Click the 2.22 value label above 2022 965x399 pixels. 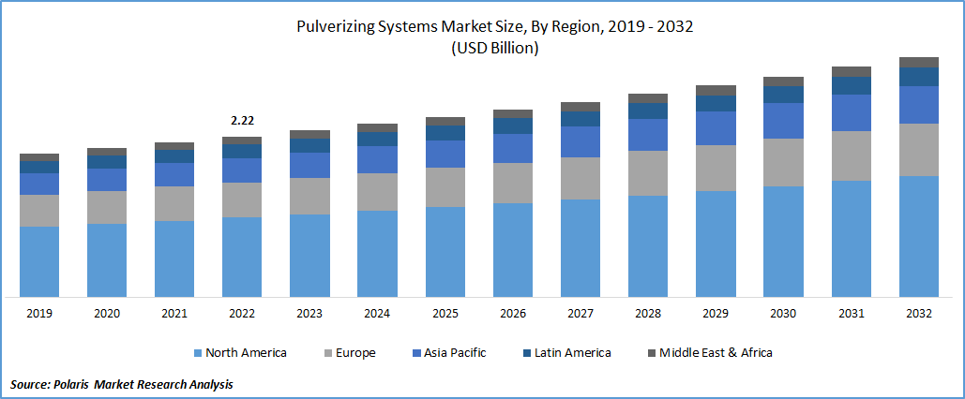pos(242,121)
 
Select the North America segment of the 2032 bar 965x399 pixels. pos(919,236)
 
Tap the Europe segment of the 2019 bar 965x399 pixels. pos(39,211)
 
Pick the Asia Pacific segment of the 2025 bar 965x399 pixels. pos(445,154)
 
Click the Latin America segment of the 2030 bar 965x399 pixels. pos(783,94)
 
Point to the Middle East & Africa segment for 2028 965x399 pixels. pos(648,97)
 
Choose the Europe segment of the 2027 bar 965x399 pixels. pos(581,178)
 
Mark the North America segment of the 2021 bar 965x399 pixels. pos(174,259)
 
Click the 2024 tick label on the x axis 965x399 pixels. pos(377,314)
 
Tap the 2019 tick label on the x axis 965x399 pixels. pos(39,314)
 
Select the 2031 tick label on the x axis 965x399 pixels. pos(852,314)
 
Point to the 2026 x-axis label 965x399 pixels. pos(513,314)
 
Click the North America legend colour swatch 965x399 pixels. pos(198,353)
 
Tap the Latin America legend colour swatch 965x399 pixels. pos(526,353)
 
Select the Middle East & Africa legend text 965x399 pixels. pos(716,353)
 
